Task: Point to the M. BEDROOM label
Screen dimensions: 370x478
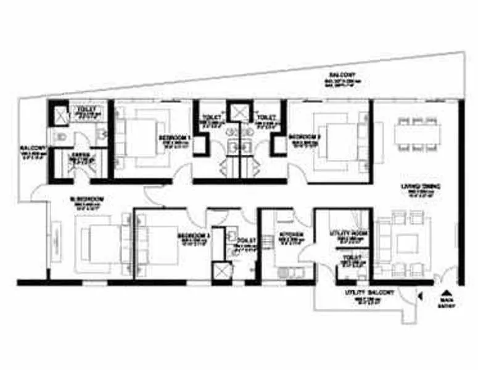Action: pos(87,199)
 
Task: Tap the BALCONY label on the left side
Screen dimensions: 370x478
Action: pos(32,149)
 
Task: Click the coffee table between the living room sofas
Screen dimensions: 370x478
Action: pos(407,243)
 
